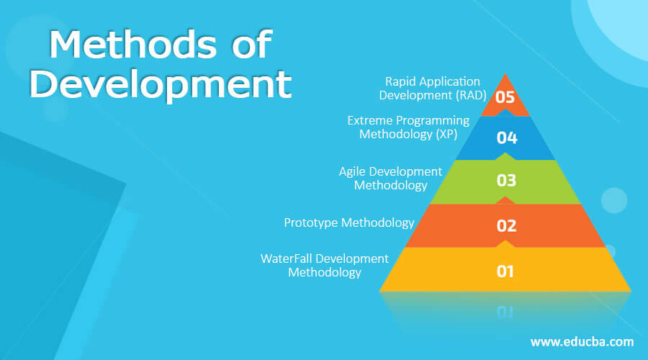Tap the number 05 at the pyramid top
505,97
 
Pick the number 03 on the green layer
506,180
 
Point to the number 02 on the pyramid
506,225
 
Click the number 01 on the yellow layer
505,271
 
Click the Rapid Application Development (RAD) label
436,89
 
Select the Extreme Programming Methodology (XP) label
408,127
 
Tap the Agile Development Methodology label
390,178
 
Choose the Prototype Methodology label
349,222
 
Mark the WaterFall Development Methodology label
325,265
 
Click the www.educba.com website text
582,341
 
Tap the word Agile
353,171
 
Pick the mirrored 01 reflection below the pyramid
505,311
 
